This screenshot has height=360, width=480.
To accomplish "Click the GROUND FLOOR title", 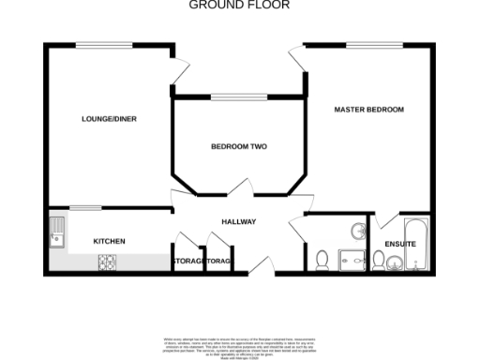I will pyautogui.click(x=240, y=5).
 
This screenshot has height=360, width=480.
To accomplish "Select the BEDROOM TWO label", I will pyautogui.click(x=239, y=147).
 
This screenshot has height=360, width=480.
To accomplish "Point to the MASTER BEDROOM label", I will pyautogui.click(x=369, y=110).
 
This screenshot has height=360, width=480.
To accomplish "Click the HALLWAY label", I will pyautogui.click(x=238, y=221).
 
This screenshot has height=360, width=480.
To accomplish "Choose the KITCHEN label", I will pyautogui.click(x=109, y=241).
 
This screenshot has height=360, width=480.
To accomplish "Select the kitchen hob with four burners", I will pyautogui.click(x=111, y=262).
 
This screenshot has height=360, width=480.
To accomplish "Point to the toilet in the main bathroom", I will pyautogui.click(x=322, y=260).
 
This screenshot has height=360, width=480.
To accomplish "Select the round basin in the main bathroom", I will pyautogui.click(x=357, y=230).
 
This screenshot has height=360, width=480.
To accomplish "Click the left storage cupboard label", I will pyautogui.click(x=187, y=261).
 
